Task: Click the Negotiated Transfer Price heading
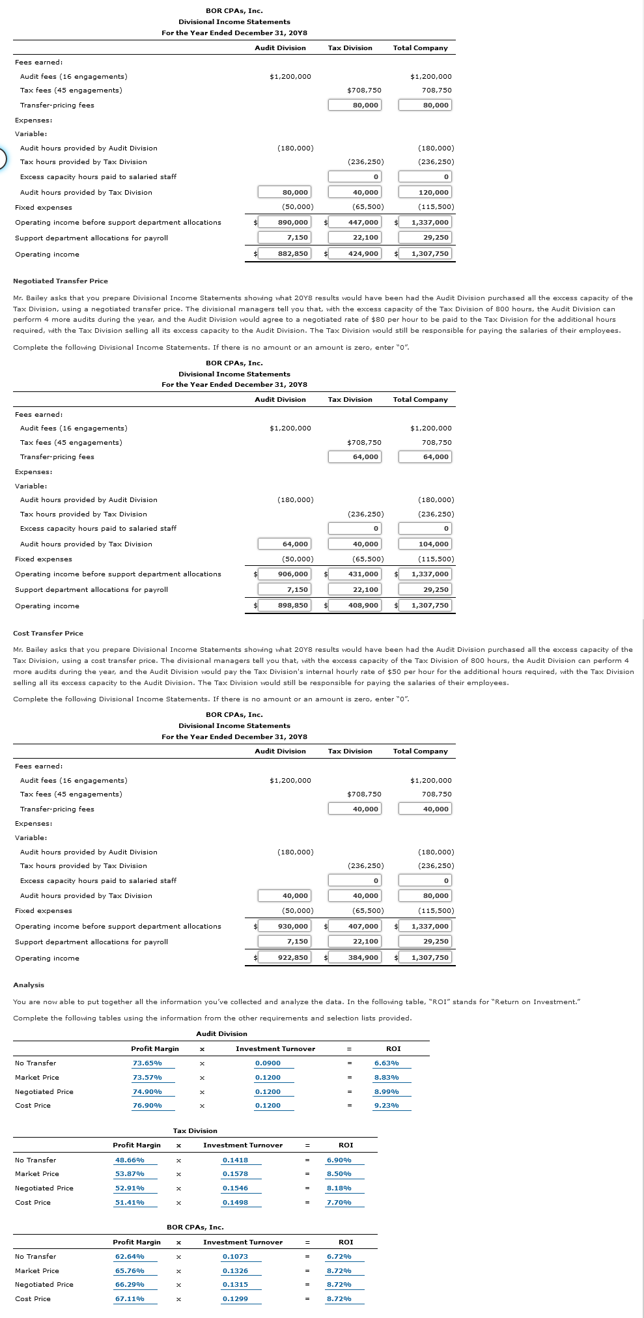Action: pos(61,281)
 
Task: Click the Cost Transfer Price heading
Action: pos(48,633)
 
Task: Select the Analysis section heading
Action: pos(29,985)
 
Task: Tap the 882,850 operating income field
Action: pos(284,253)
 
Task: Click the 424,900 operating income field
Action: pos(354,253)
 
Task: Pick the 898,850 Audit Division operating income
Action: pos(284,605)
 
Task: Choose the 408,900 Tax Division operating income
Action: pos(354,605)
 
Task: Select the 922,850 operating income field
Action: pos(284,957)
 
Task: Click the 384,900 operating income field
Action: pos(354,957)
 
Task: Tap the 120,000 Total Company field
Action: pos(425,192)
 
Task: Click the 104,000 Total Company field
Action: pos(425,544)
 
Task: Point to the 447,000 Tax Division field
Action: pos(354,222)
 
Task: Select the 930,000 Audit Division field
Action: pos(284,926)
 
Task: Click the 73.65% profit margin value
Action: pos(147,1063)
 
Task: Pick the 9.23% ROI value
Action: pos(387,1105)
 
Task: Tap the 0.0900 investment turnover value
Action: pos(268,1063)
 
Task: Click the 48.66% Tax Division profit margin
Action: pos(130,1160)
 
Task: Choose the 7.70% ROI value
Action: pos(339,1202)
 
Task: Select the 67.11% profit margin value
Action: pos(130,1298)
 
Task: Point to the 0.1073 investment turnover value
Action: pos(235,1256)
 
